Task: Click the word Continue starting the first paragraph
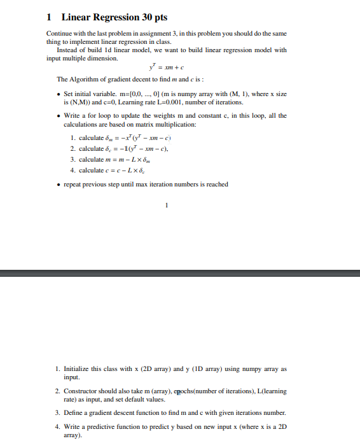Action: coord(60,33)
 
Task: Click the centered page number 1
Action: coord(166,205)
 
